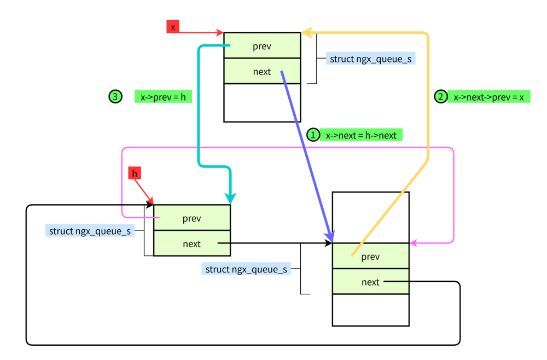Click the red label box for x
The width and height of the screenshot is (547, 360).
click(x=173, y=27)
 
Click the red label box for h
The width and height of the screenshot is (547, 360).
click(x=135, y=173)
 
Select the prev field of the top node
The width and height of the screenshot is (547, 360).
click(x=262, y=46)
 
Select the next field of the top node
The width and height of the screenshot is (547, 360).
click(x=262, y=71)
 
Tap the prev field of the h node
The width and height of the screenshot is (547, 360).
click(x=191, y=218)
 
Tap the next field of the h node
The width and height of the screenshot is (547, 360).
click(x=191, y=243)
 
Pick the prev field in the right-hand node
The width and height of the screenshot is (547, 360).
click(x=370, y=257)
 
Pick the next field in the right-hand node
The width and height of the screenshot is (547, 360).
click(x=370, y=282)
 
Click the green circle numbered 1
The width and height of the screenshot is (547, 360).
click(x=313, y=135)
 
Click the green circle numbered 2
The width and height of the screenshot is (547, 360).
click(x=441, y=97)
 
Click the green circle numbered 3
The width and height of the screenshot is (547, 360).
click(x=115, y=97)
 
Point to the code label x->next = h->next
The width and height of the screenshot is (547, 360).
click(x=361, y=135)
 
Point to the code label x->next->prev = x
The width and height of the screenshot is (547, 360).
click(x=488, y=97)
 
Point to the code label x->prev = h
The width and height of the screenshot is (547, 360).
click(x=163, y=97)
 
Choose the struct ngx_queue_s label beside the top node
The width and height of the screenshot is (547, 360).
click(x=370, y=59)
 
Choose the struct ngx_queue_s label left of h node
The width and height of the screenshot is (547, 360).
click(x=90, y=230)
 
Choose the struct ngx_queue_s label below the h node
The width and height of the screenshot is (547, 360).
click(x=246, y=269)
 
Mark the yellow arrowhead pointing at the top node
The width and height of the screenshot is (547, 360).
click(x=306, y=33)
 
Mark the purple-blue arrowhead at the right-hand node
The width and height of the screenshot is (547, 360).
click(x=329, y=236)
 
